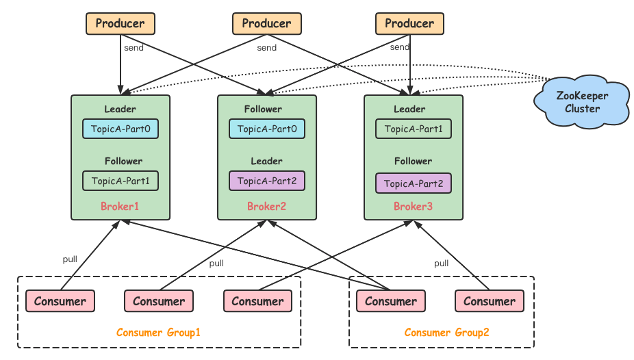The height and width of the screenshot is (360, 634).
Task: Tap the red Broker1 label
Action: [x=120, y=206]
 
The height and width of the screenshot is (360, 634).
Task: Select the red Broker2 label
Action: [x=266, y=206]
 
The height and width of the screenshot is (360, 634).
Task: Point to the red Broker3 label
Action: [x=413, y=206]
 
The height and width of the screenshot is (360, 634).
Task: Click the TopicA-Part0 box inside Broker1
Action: [x=121, y=129]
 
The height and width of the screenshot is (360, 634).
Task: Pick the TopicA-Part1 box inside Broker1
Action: [x=121, y=181]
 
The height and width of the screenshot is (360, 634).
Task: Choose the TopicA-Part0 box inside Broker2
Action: [x=267, y=129]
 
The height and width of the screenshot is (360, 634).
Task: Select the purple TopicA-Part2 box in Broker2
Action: [x=267, y=181]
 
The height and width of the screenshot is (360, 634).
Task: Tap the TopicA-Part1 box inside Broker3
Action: [x=414, y=129]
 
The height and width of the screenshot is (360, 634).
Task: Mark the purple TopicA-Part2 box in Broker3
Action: [x=414, y=183]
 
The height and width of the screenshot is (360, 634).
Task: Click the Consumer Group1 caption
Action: [x=158, y=333]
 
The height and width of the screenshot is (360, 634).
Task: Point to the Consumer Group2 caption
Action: [x=446, y=333]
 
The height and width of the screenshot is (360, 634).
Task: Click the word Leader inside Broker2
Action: [x=266, y=161]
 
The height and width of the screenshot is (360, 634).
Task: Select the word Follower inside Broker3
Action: [x=413, y=161]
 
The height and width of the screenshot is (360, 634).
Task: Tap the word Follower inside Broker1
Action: [x=123, y=161]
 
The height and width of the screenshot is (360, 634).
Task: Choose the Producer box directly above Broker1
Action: [x=121, y=23]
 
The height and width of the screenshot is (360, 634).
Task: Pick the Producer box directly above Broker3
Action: [x=409, y=23]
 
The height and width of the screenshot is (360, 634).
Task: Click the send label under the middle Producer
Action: [x=267, y=48]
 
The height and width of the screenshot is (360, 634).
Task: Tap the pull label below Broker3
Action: [x=441, y=263]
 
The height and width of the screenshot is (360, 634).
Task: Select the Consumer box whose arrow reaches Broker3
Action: [x=490, y=301]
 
